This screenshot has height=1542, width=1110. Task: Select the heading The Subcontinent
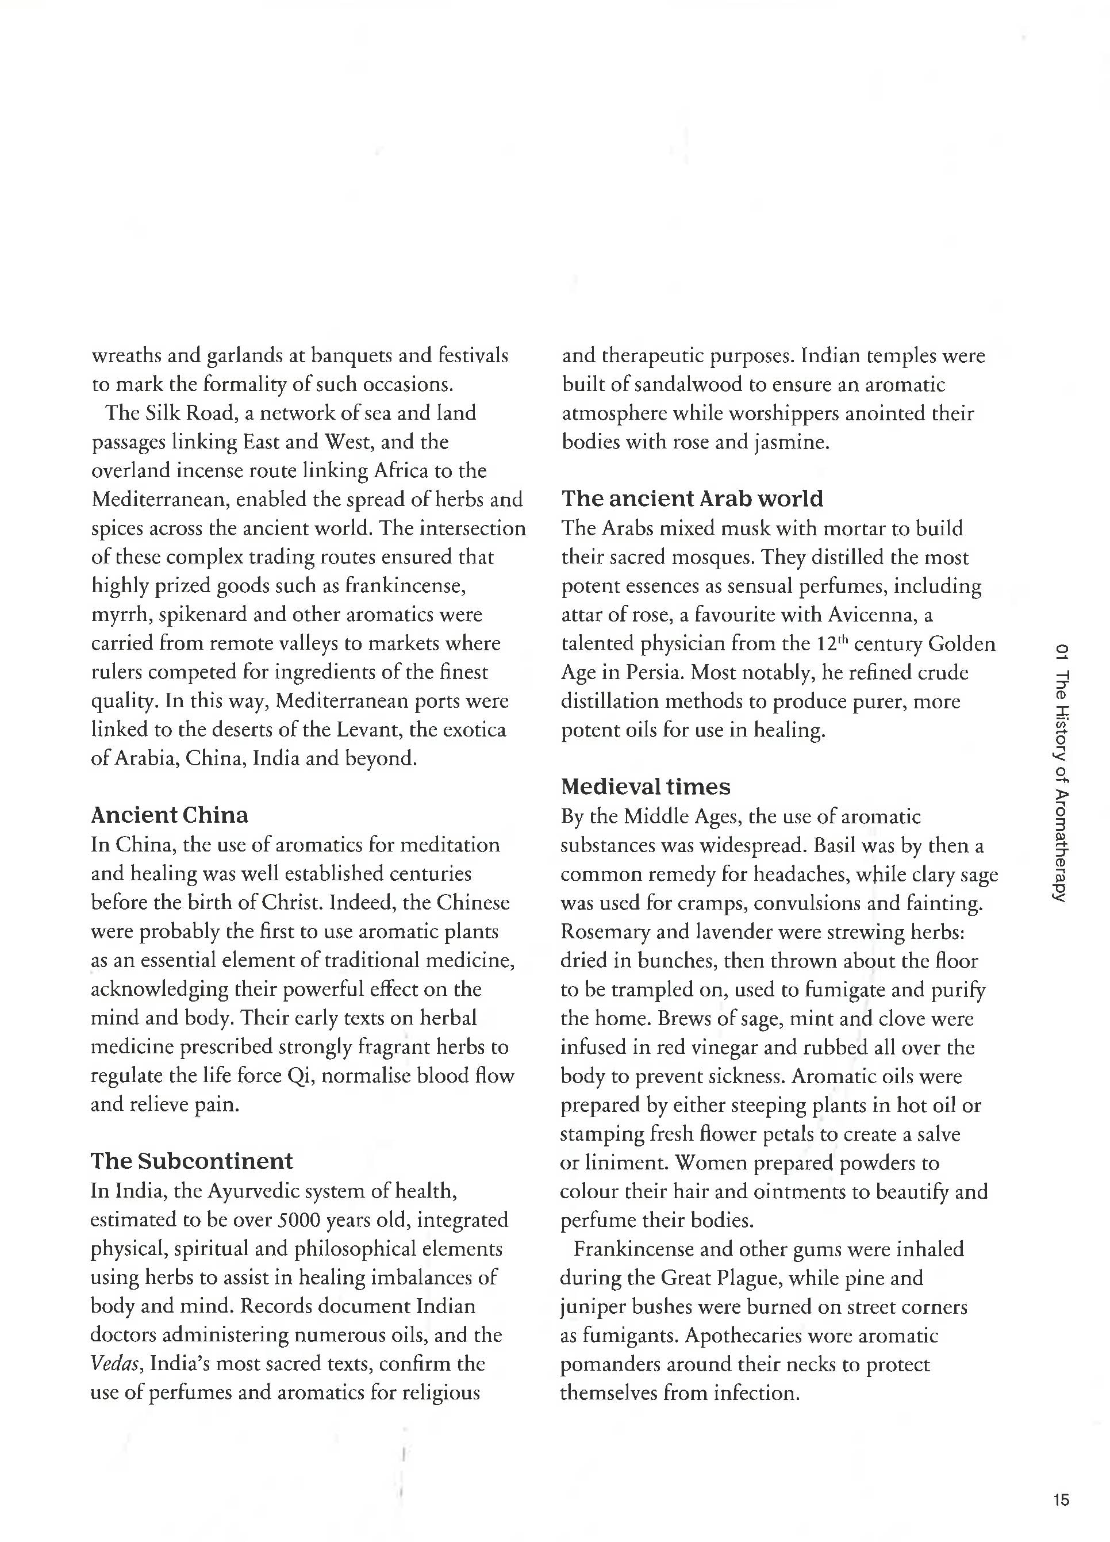tap(191, 1161)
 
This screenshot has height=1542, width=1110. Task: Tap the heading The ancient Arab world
tap(692, 498)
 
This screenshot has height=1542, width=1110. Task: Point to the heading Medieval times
tap(645, 787)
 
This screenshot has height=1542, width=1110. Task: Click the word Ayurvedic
tap(254, 1191)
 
